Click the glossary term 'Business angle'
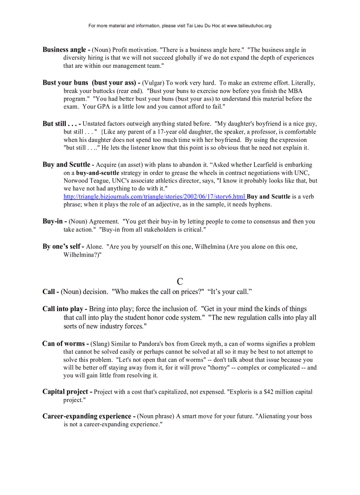(x=64, y=50)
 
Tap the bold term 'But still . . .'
(x=61, y=123)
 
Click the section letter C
(x=180, y=282)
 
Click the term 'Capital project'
(x=67, y=391)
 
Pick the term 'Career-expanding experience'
(x=89, y=416)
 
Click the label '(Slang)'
(x=101, y=344)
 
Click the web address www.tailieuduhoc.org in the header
(x=249, y=26)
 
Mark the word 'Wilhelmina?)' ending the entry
(x=82, y=255)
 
